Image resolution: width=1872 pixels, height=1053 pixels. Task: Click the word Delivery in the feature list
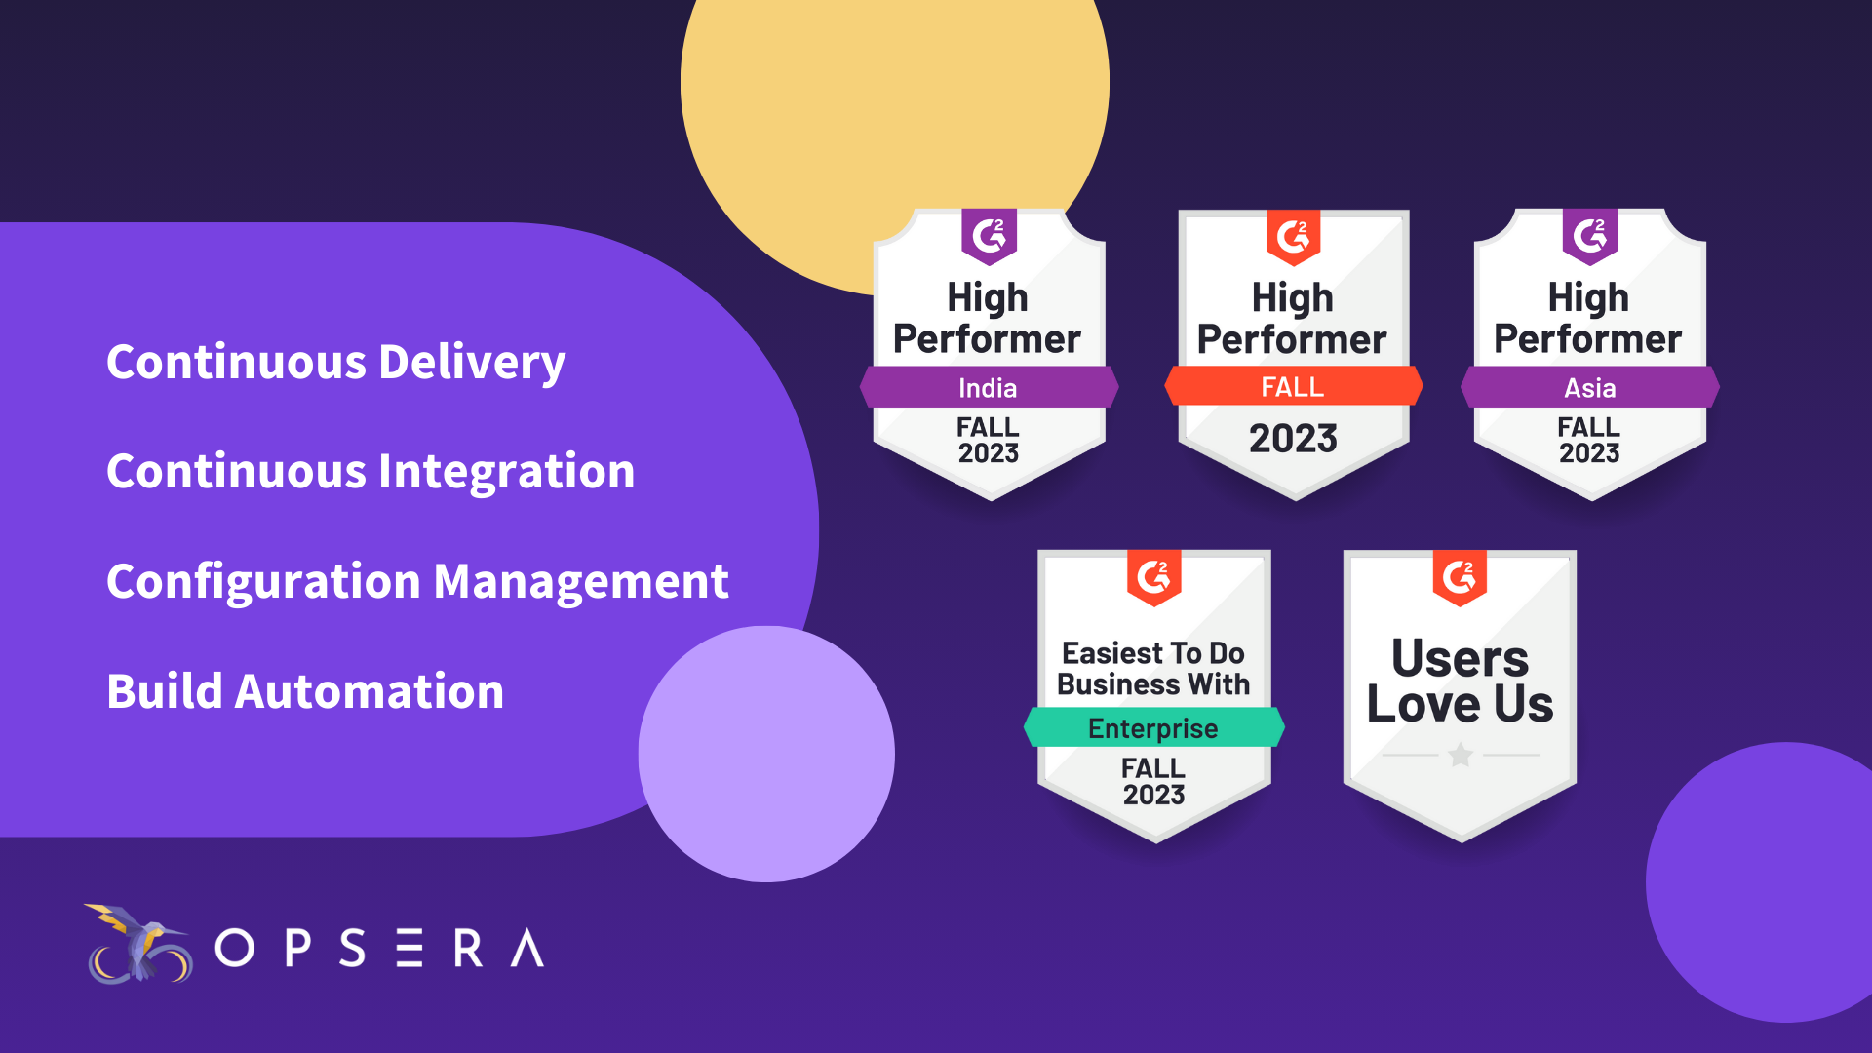point(472,363)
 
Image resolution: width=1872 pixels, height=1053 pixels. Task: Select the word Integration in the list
point(506,472)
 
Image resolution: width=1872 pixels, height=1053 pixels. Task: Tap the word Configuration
point(264,582)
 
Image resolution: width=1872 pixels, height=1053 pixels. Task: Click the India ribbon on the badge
point(988,388)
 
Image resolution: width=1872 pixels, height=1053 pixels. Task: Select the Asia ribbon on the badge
point(1589,388)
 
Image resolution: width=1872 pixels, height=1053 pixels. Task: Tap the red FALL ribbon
point(1293,387)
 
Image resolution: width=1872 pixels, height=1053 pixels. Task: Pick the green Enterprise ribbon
point(1153,728)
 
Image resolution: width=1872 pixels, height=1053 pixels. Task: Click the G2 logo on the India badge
point(989,235)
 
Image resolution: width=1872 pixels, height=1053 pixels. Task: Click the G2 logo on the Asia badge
point(1589,235)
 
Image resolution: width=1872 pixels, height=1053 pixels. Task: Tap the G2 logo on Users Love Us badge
point(1460,577)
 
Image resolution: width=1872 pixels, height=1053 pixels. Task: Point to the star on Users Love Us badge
point(1461,755)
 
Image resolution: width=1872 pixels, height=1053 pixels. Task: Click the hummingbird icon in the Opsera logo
point(138,944)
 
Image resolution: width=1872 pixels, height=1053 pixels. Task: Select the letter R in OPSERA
point(468,948)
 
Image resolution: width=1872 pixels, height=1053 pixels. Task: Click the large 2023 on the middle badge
point(1293,439)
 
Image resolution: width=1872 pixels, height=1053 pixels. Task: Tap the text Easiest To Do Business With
point(1153,669)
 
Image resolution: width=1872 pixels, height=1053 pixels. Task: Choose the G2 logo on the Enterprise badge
point(1153,577)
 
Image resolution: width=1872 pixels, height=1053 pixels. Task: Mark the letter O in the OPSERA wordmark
point(234,948)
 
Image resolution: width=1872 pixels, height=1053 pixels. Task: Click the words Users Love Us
point(1460,681)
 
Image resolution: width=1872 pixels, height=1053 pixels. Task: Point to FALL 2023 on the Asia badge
point(1589,440)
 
